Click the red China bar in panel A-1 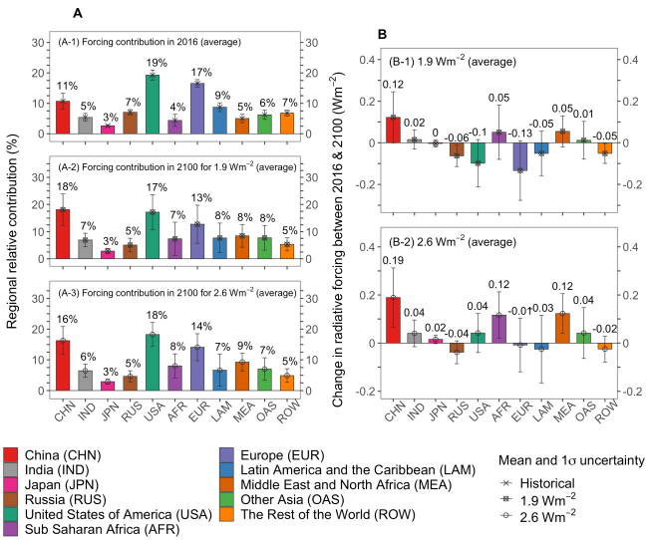[63, 118]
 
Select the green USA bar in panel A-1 [153, 105]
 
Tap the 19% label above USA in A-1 [152, 63]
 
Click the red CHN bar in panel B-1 [393, 130]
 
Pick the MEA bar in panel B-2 [563, 328]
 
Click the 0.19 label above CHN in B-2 [393, 260]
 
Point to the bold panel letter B [383, 35]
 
